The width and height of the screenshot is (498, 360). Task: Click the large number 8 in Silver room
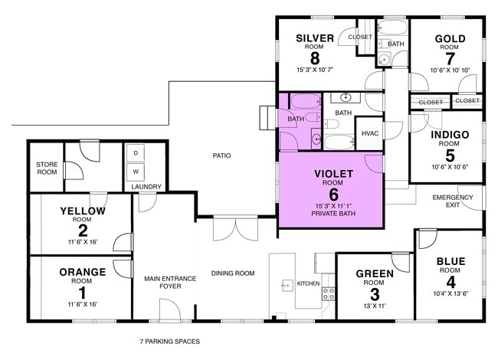[314, 58]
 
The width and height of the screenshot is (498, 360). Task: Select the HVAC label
[370, 133]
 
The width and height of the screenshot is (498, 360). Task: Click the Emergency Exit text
[453, 201]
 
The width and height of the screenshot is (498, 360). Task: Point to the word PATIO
[222, 156]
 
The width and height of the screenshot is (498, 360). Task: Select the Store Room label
[47, 169]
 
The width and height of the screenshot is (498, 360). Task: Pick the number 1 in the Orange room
[82, 292]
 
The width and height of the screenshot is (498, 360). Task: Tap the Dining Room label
[233, 273]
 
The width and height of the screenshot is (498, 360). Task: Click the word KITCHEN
[308, 284]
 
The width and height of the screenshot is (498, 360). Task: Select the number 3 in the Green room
[375, 293]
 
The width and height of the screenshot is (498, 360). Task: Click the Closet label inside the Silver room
[360, 37]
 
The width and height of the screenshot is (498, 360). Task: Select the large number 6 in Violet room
[333, 195]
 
